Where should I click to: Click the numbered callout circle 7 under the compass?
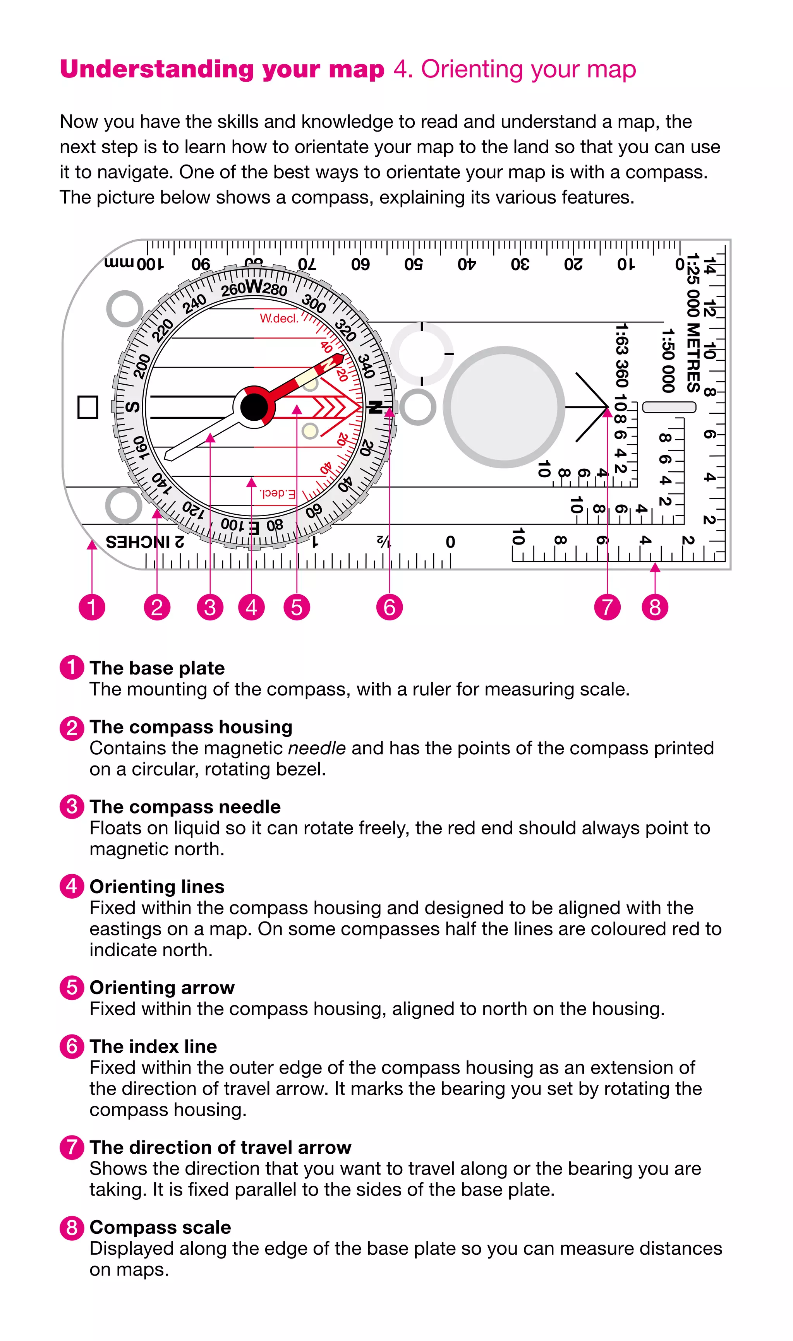[x=607, y=607]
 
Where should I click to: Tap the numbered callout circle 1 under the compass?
[x=92, y=607]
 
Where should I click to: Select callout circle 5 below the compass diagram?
[x=297, y=607]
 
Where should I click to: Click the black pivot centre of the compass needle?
[x=254, y=408]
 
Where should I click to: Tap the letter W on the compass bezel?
[x=254, y=287]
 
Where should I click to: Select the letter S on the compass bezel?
[x=132, y=407]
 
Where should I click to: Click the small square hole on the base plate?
[x=88, y=407]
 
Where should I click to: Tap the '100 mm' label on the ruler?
[x=134, y=263]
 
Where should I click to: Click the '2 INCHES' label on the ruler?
[x=145, y=542]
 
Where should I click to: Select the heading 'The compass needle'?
[x=185, y=807]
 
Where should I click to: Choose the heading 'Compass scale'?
[x=160, y=1227]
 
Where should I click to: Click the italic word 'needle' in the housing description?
[x=317, y=748]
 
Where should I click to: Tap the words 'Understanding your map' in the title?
[x=222, y=69]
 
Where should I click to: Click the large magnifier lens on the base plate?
[x=504, y=407]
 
